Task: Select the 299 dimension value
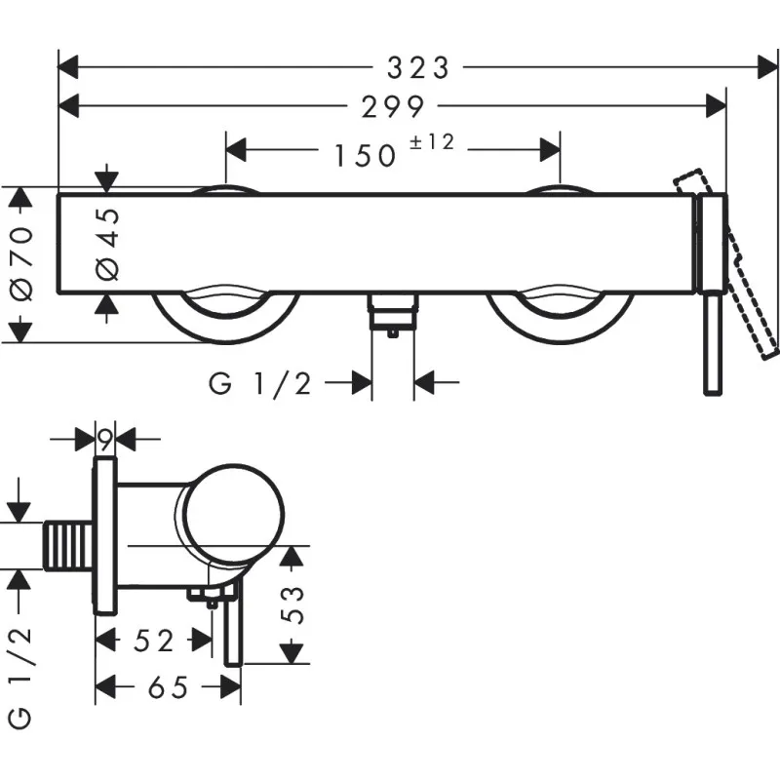pyautogui.click(x=391, y=105)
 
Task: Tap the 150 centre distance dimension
pyautogui.click(x=367, y=153)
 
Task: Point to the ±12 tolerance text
pyautogui.click(x=432, y=142)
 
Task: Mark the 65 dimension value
pyautogui.click(x=167, y=688)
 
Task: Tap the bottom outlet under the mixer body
pyautogui.click(x=392, y=315)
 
